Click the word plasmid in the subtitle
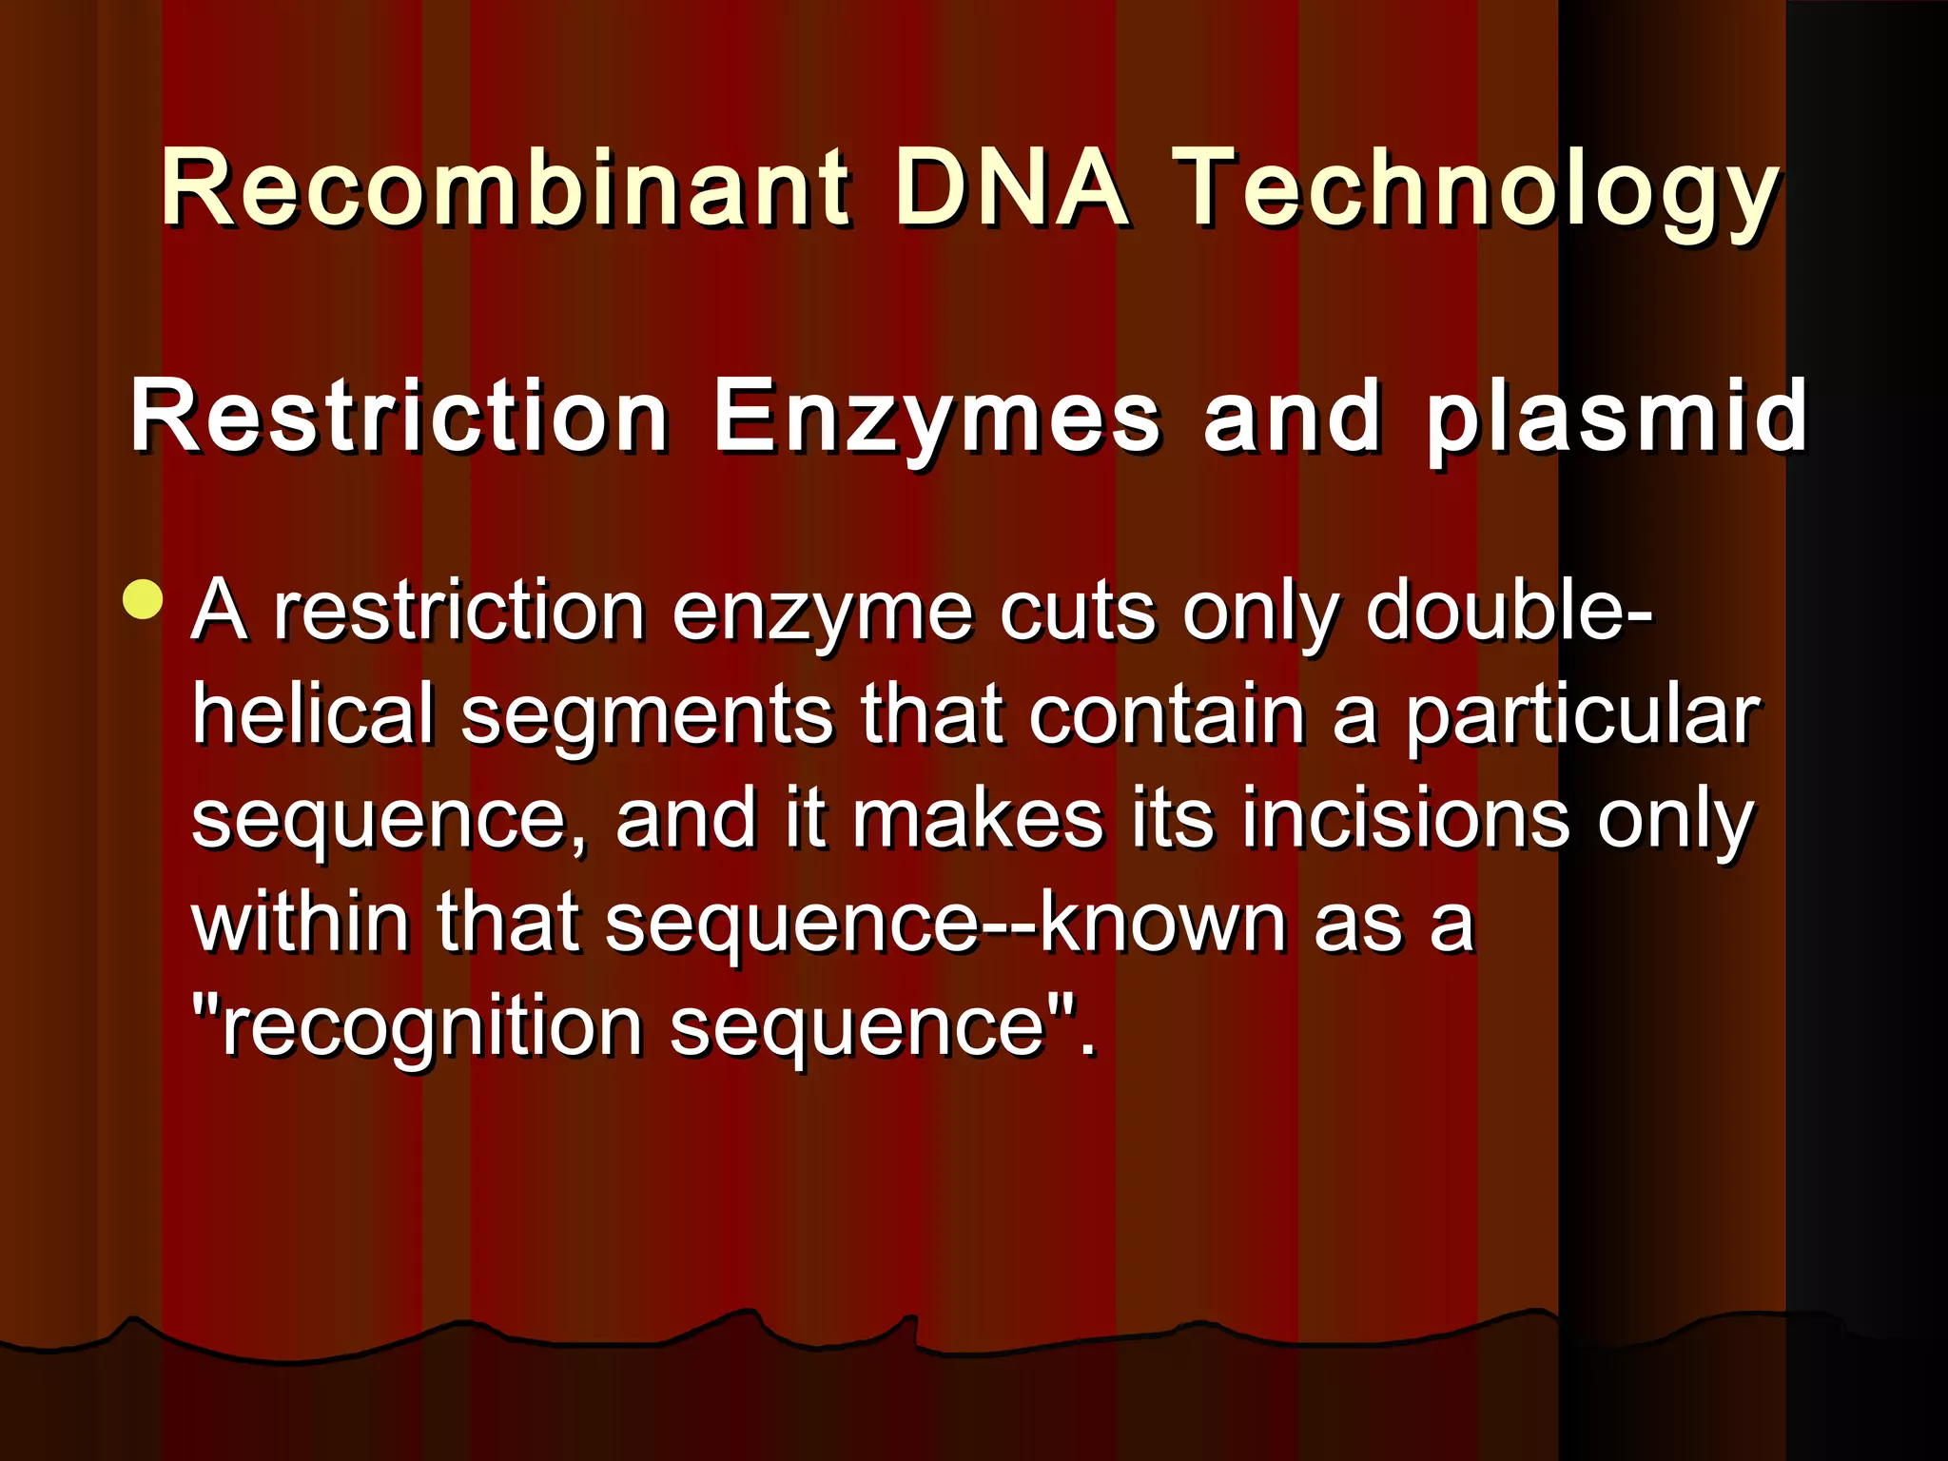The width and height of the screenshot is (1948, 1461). [1615, 419]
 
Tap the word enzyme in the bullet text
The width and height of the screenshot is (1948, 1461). [824, 614]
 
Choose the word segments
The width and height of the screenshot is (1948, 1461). [647, 718]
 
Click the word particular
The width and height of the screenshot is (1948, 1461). [1583, 718]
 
